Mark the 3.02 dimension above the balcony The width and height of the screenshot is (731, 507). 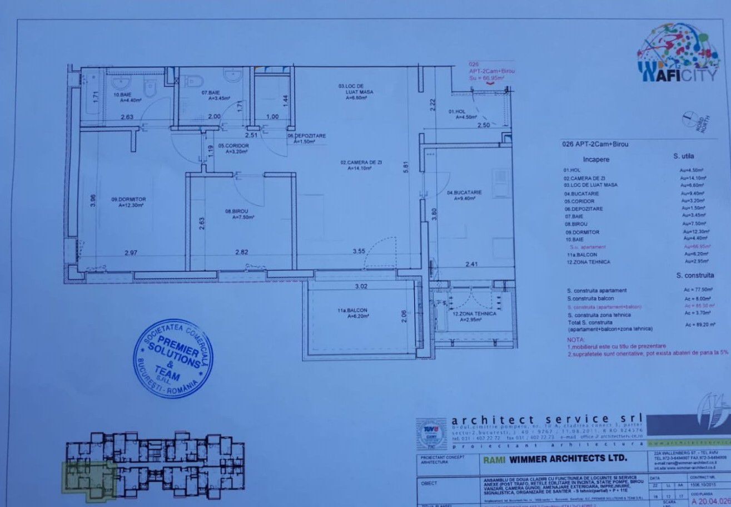pos(362,287)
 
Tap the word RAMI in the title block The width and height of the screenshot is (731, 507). pos(491,459)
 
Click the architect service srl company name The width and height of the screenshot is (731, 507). pos(546,420)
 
